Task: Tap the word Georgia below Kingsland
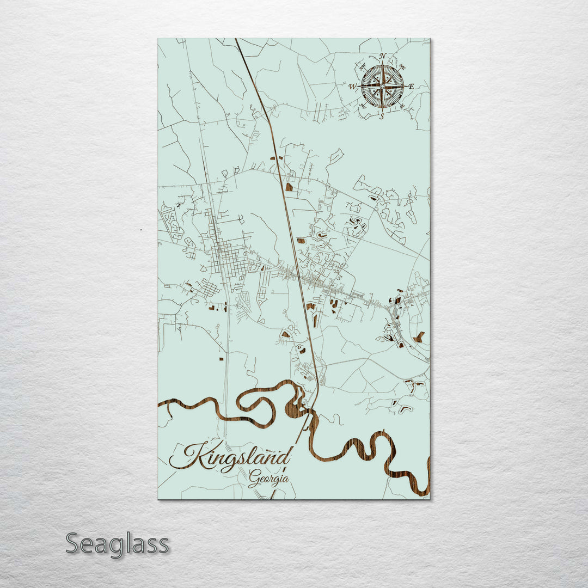[268, 479]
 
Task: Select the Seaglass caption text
[117, 543]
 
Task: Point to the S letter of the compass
[382, 116]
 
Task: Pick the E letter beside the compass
[411, 87]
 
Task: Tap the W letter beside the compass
[352, 87]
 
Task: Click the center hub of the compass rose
[382, 86]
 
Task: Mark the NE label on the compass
[402, 66]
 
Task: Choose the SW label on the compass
[363, 106]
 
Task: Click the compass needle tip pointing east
[405, 86]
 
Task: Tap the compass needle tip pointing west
[360, 86]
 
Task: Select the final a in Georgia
[285, 479]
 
